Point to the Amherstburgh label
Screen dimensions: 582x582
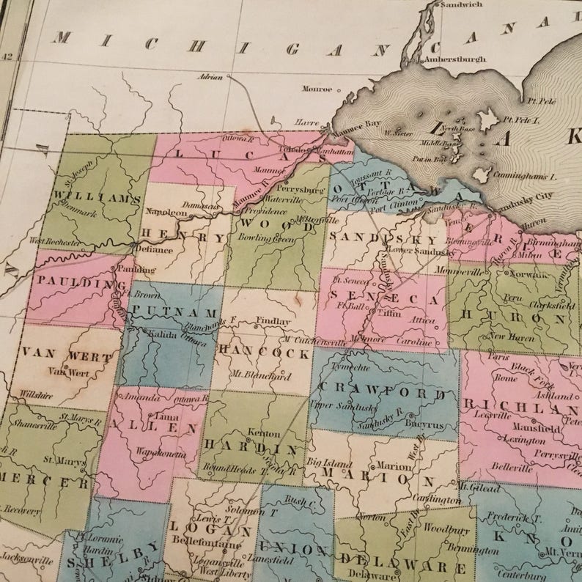pos(456,58)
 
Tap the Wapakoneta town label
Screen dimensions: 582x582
pos(159,454)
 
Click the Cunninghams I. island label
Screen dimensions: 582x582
pos(526,177)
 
